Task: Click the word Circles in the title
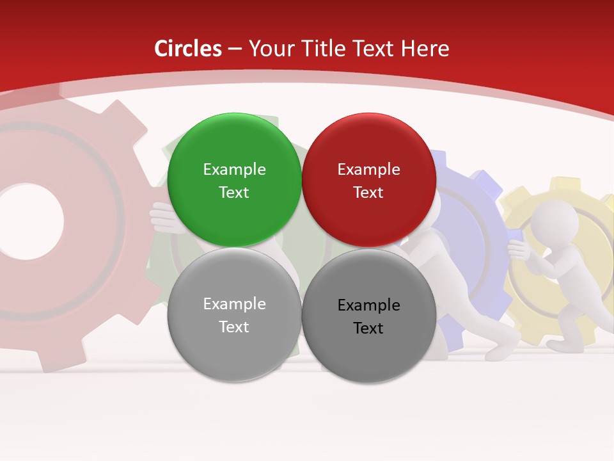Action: tap(187, 49)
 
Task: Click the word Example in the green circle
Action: tap(234, 169)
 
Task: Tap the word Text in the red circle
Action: tap(368, 193)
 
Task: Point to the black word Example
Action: tap(368, 305)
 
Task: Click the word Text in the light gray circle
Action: tap(234, 327)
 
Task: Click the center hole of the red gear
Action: tap(29, 221)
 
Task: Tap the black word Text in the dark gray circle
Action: tap(368, 328)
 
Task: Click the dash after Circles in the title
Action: tap(235, 49)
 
